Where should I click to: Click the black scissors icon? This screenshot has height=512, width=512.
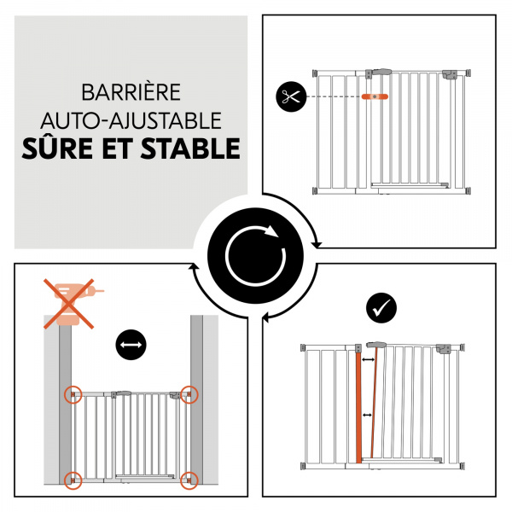click(x=291, y=96)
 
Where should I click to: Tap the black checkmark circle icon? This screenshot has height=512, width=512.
click(x=378, y=306)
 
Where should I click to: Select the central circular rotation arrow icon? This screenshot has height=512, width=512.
click(x=253, y=253)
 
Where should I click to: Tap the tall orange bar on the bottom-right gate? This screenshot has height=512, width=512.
click(x=358, y=404)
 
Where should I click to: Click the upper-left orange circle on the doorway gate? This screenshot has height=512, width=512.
click(x=74, y=395)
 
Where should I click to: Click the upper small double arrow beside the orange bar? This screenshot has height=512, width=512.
click(x=368, y=362)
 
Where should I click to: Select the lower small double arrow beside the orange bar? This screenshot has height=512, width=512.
click(x=368, y=416)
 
